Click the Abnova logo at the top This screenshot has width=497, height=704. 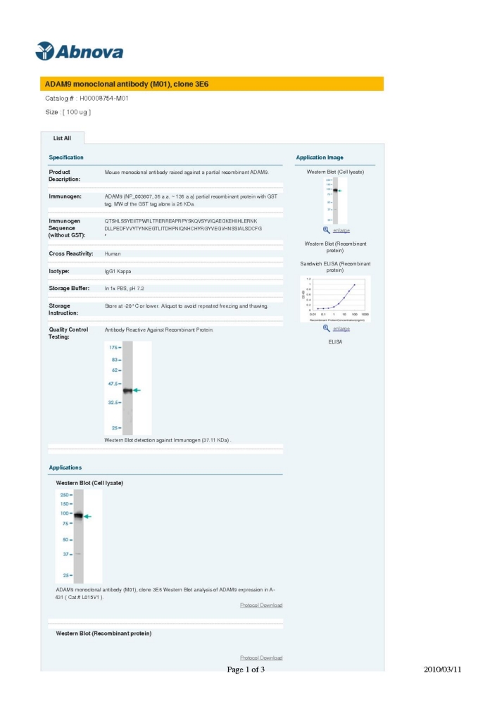click(78, 51)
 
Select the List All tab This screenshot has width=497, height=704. click(62, 138)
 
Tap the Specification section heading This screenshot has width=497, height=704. click(66, 158)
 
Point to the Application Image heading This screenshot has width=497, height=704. click(320, 158)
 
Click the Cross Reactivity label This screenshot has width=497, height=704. click(71, 253)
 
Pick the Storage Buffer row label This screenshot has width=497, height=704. click(69, 288)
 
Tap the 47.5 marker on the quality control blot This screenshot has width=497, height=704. click(113, 384)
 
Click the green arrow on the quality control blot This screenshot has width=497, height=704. click(137, 390)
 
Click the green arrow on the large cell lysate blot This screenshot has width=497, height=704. click(87, 517)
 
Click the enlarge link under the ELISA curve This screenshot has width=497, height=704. click(341, 329)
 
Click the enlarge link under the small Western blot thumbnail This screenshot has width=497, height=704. click(341, 230)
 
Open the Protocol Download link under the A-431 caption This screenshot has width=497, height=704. click(261, 605)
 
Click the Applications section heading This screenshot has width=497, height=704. click(65, 467)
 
